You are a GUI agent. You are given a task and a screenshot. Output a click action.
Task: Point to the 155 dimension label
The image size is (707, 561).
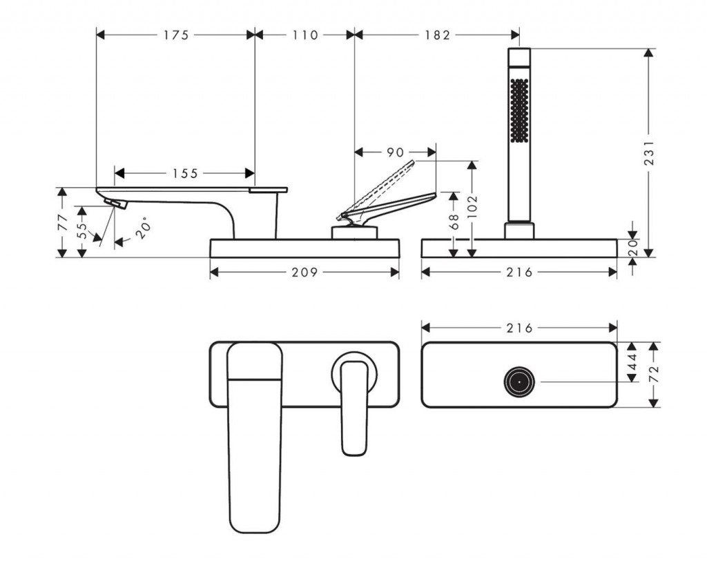point(185,174)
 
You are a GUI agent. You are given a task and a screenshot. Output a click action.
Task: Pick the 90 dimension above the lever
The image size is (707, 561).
point(395,152)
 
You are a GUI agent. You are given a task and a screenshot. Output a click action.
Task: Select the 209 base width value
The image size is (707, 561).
point(304,273)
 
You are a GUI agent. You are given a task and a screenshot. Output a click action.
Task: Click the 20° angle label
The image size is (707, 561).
point(144,228)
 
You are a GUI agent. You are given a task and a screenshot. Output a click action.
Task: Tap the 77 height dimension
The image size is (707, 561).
point(63,222)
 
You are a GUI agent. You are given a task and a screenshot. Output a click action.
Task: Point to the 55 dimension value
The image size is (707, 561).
point(82,230)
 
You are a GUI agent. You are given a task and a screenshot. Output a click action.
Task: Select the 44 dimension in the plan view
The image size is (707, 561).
point(632,361)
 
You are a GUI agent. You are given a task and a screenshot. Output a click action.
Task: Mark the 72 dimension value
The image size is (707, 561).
point(654,374)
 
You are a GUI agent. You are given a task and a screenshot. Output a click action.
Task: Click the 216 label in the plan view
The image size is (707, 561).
point(519,328)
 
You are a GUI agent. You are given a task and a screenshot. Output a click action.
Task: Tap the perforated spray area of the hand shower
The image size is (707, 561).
point(519,110)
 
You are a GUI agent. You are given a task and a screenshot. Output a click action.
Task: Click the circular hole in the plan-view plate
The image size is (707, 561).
point(519,382)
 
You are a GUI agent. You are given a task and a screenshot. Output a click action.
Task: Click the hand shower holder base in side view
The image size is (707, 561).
point(519,230)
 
